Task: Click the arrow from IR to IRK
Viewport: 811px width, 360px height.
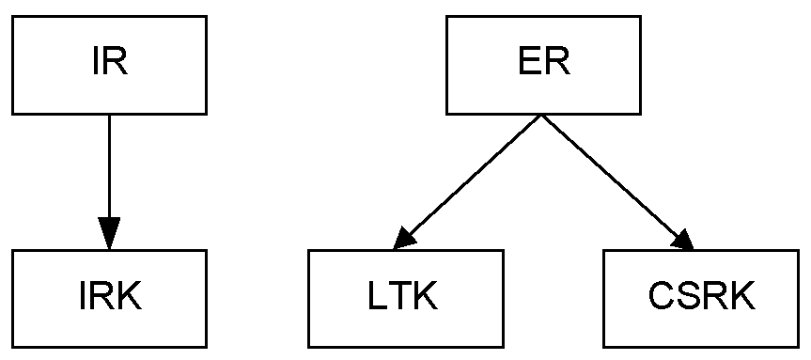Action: (110, 169)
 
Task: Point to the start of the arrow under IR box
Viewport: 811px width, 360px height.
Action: (110, 116)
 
